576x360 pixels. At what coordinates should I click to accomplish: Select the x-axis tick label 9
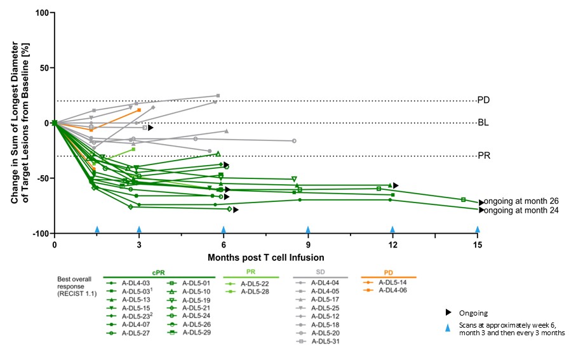coord(308,245)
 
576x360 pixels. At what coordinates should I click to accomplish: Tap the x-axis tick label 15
coord(477,245)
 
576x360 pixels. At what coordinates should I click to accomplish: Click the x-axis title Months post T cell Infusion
coord(267,258)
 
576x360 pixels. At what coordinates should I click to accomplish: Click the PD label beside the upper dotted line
coord(485,100)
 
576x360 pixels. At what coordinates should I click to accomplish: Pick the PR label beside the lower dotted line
coord(485,156)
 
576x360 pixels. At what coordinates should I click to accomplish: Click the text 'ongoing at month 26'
coord(521,201)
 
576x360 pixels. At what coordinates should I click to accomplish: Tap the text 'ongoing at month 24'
coord(521,210)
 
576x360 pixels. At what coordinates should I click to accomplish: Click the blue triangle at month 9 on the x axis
coord(308,229)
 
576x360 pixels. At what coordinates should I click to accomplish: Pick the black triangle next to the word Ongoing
coord(448,313)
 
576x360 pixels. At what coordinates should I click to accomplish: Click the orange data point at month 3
coord(139,110)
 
